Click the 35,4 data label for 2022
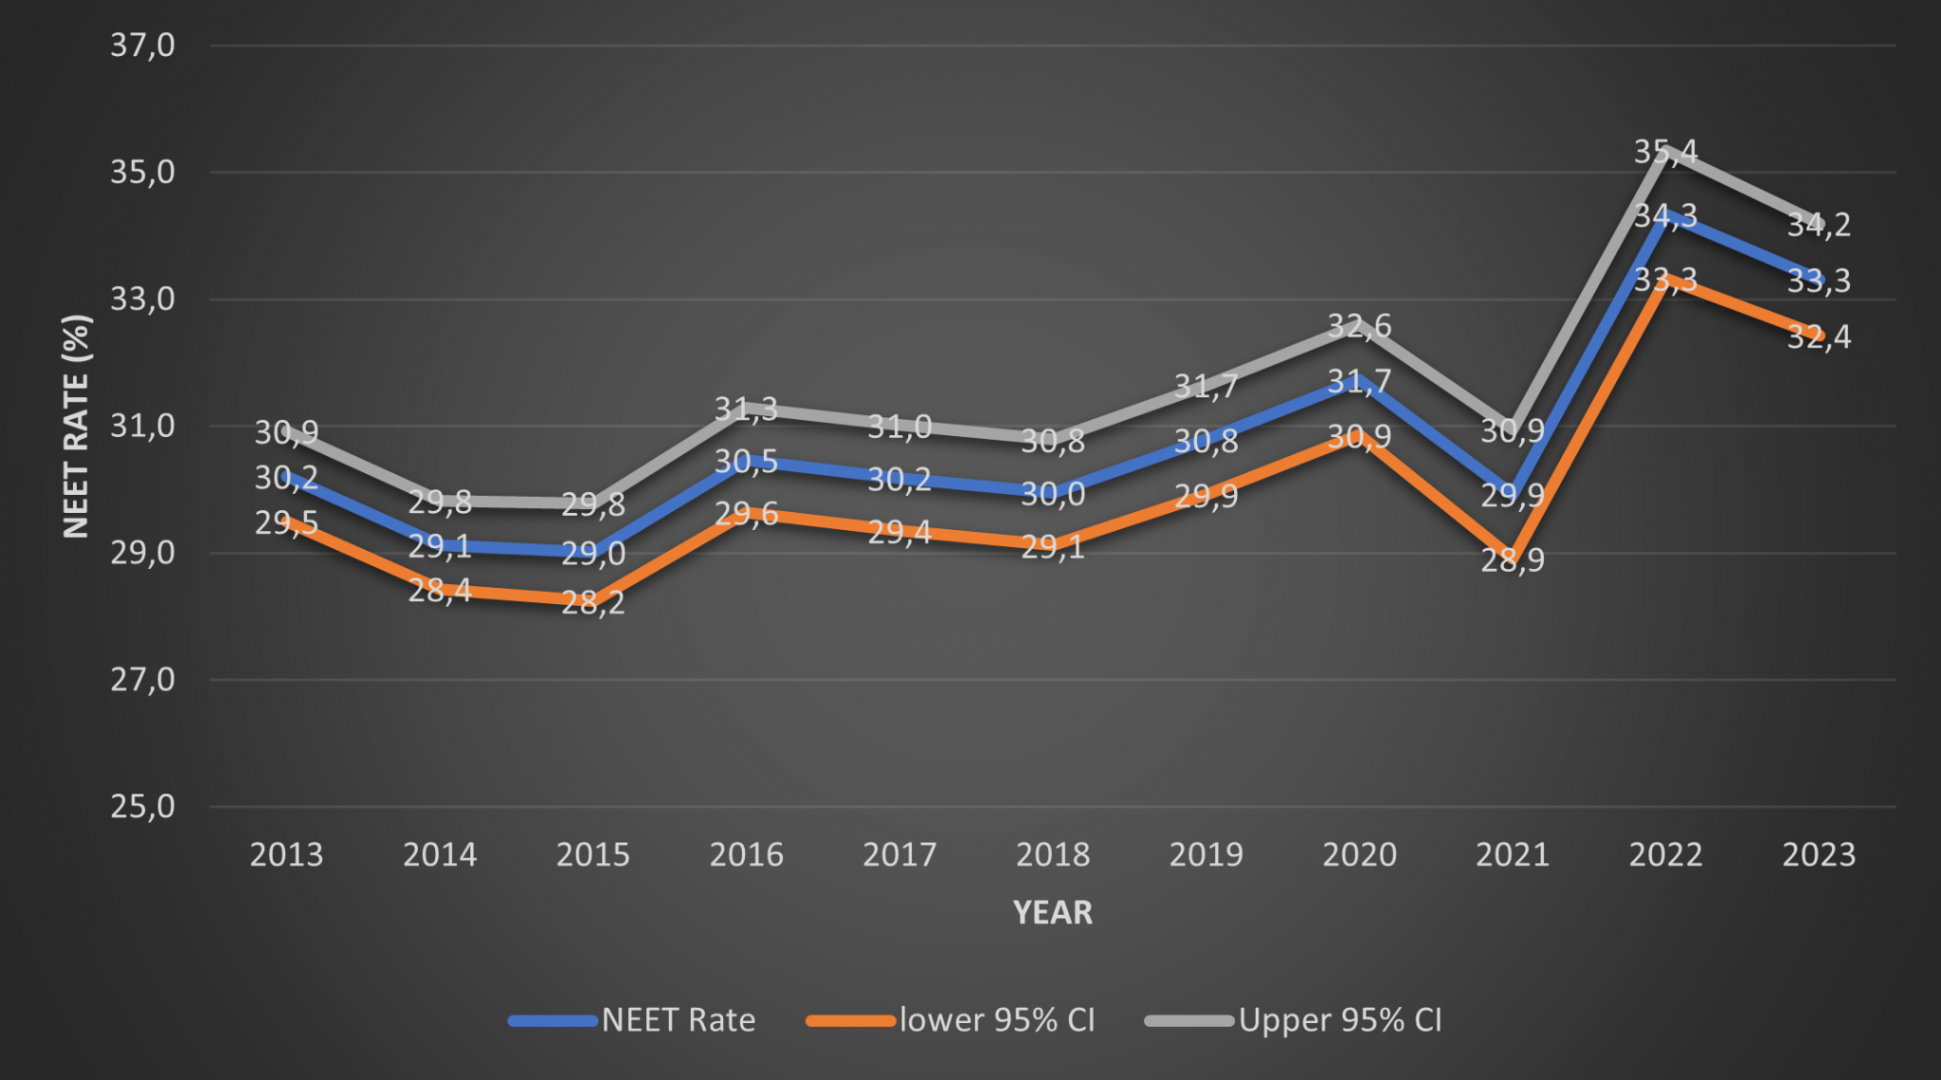pos(1665,152)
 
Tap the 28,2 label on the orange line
pos(593,602)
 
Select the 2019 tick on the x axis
pos(1206,855)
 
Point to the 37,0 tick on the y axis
pos(142,45)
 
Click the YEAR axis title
pos(1052,912)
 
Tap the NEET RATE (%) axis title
pos(76,426)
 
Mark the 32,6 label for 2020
pos(1359,326)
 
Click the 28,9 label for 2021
pos(1513,560)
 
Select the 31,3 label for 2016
pos(746,409)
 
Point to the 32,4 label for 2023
pos(1819,337)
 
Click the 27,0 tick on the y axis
pos(142,679)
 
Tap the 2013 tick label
pos(286,855)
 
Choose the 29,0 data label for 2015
pos(593,553)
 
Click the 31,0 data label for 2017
pos(899,427)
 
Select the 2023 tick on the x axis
pos(1819,855)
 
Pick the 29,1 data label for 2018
pos(1052,547)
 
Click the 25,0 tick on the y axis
pos(142,806)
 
